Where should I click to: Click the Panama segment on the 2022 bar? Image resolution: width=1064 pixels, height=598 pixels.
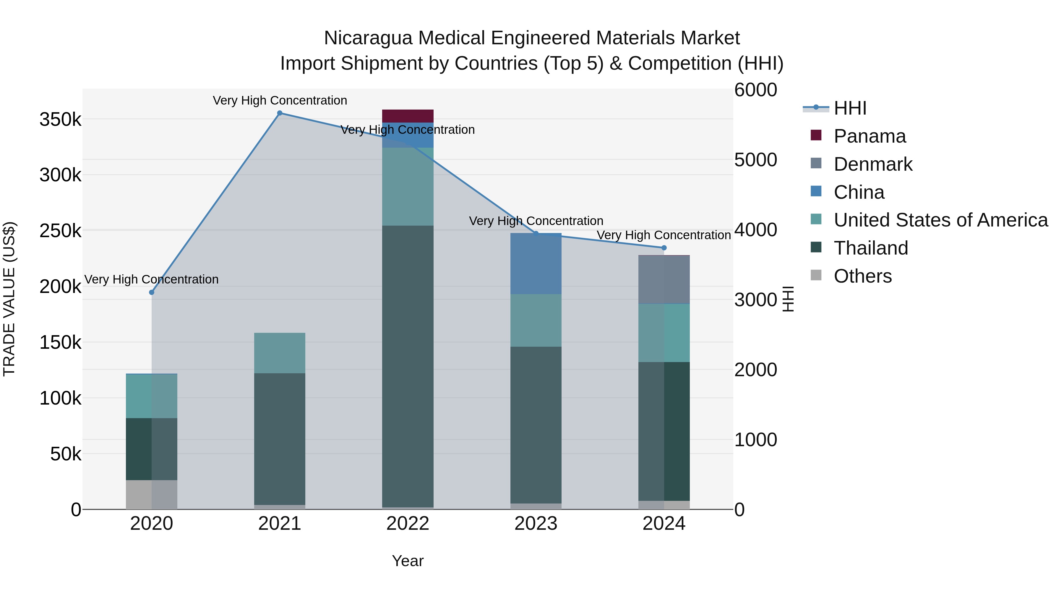tap(407, 116)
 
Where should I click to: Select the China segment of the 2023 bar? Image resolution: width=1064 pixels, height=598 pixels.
tap(536, 264)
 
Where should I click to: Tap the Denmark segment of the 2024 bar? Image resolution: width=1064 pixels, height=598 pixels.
tap(664, 280)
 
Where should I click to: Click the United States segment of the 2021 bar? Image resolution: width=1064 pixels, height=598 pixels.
tap(279, 353)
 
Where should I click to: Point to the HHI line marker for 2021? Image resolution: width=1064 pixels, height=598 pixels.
tap(280, 113)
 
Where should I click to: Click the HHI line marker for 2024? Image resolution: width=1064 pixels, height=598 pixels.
tap(664, 248)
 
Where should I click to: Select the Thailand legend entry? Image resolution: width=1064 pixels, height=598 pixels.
tap(871, 248)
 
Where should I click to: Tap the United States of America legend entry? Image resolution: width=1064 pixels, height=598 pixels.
tap(940, 220)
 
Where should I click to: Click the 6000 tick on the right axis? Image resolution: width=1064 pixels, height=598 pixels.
tap(755, 90)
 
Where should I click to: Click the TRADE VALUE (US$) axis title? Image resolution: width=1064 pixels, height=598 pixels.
tap(9, 299)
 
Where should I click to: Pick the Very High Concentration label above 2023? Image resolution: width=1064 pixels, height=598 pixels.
tap(536, 221)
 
